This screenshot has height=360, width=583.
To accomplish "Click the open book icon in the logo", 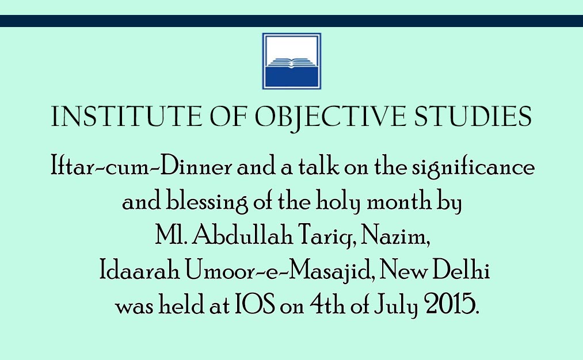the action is coord(291,63).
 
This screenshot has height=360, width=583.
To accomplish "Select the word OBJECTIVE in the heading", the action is coord(330,117).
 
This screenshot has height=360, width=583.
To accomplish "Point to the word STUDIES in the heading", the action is coord(473,116).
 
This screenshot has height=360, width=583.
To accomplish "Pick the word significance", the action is coord(473,167).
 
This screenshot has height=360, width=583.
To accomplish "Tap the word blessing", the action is coord(207,202).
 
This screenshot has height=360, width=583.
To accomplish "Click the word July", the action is coord(395,305).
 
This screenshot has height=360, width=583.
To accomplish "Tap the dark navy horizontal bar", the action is coord(291,21).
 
